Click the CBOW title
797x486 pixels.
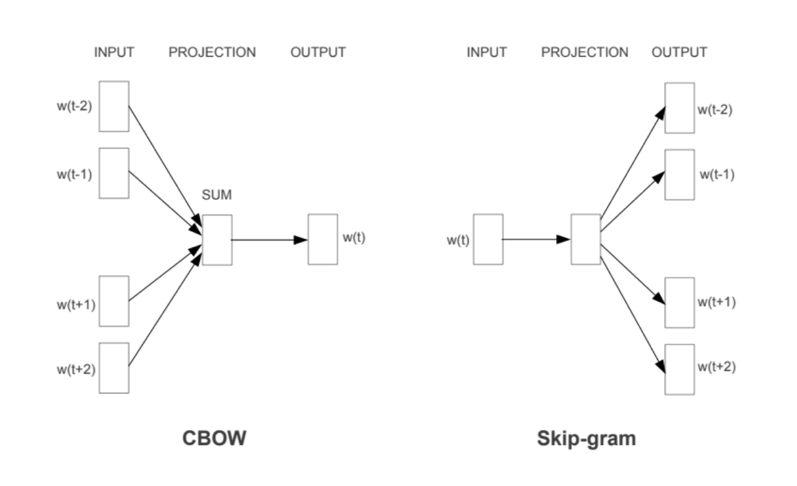pos(214,438)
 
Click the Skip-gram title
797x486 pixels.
pos(586,438)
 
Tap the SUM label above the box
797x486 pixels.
pos(217,195)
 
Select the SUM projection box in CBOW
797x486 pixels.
pos(217,240)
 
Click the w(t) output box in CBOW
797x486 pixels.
pos(322,239)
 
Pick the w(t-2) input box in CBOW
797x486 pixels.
pos(114,106)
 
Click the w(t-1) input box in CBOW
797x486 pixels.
pos(114,173)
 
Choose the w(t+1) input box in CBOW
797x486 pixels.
pos(114,301)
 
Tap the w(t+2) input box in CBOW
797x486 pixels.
pos(114,368)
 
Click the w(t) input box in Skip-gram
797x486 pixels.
pos(488,239)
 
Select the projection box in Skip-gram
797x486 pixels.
pos(586,239)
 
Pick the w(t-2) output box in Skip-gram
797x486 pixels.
pos(679,108)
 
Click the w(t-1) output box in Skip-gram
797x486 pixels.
pos(679,175)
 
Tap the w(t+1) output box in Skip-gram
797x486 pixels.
pos(679,303)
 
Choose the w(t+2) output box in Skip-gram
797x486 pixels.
pos(679,369)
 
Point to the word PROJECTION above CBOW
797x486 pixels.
pos(212,52)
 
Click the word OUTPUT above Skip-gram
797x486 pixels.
pos(679,52)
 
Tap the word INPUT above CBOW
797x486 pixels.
pos(114,52)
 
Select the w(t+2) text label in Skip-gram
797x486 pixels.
pos(717,367)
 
